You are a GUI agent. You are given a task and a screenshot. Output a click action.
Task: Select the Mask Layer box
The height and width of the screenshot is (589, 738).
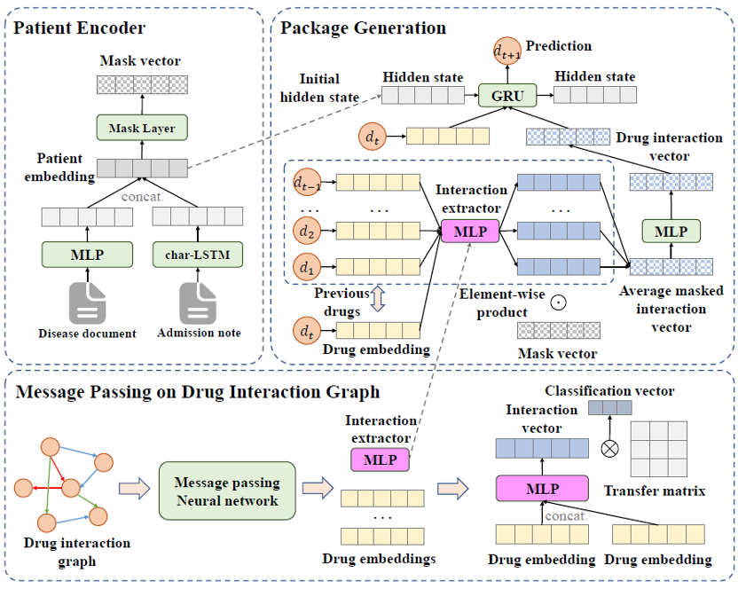coord(142,129)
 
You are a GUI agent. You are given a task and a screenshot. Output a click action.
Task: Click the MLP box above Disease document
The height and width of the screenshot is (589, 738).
coord(86,255)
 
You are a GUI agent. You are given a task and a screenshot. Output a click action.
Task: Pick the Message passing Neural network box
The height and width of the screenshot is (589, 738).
coord(226,491)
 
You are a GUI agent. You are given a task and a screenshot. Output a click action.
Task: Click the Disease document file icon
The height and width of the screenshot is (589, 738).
coord(86,302)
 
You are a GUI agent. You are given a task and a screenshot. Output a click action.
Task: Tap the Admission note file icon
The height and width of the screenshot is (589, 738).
coord(197,302)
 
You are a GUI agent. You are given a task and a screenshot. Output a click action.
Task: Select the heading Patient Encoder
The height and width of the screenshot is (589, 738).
coord(79,27)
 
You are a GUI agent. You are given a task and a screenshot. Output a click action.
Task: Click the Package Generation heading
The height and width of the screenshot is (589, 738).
coord(363,27)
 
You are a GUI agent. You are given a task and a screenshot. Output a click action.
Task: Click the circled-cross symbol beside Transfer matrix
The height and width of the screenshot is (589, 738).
coord(609,448)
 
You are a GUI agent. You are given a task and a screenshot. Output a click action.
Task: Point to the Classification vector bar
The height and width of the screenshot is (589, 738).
coord(610,407)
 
